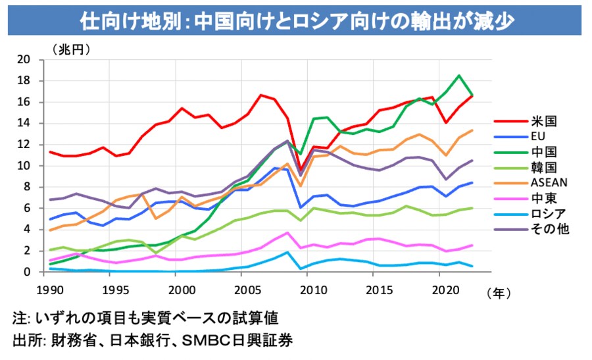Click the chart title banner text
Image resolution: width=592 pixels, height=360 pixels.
pos(296,20)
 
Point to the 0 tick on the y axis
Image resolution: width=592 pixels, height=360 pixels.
pos(27,272)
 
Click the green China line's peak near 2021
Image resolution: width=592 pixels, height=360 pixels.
pos(459,75)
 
